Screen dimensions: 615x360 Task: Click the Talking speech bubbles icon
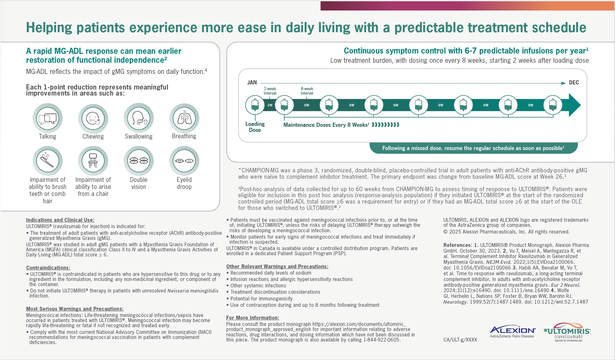coord(47,118)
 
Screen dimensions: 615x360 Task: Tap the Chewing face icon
coord(93,118)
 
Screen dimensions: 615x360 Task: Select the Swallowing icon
coord(139,118)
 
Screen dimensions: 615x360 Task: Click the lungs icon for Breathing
coord(184,118)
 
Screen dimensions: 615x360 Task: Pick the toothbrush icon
coord(47,161)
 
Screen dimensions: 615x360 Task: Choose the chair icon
coord(93,161)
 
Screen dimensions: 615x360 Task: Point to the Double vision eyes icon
coord(139,161)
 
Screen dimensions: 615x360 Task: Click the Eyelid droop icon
coord(184,161)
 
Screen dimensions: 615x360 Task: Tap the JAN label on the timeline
coord(252,83)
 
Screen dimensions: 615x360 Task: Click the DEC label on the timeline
coord(574,83)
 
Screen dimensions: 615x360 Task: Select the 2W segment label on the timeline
coord(270,105)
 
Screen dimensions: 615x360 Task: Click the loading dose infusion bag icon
coord(255,105)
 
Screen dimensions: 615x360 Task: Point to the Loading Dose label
coord(255,127)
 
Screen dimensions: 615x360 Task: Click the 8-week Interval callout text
coord(307,91)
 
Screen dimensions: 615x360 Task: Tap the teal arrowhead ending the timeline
coord(575,105)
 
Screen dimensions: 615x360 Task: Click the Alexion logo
coord(512,332)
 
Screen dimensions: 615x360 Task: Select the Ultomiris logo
coord(567,332)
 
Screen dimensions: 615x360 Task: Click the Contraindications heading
coord(48,268)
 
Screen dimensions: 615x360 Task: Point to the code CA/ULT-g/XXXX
coord(460,340)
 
